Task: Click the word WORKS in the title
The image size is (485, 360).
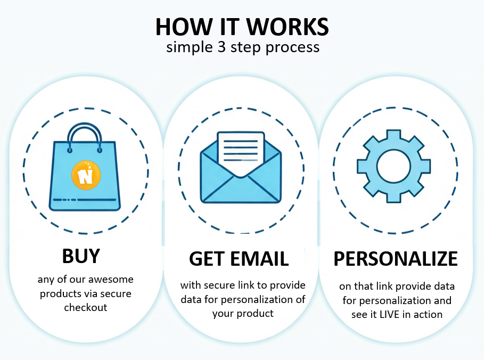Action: (x=287, y=27)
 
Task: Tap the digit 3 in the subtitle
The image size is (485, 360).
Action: (x=221, y=47)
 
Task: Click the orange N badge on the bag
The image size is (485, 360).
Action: (x=86, y=175)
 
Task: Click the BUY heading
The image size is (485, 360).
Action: (x=81, y=256)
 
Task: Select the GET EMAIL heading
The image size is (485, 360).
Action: (x=239, y=259)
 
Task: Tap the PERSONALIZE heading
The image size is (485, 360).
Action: (x=396, y=259)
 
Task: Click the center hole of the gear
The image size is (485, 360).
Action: (x=393, y=166)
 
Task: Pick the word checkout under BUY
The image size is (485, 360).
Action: (x=86, y=307)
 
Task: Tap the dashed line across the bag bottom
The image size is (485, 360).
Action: (x=85, y=200)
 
